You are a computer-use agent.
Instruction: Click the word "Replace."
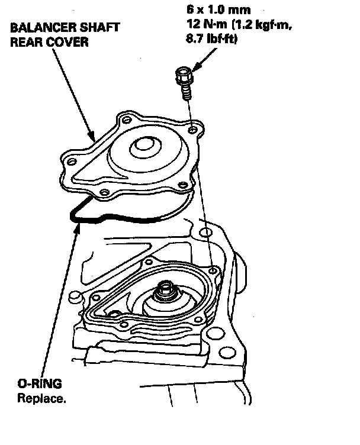pyautogui.click(x=41, y=398)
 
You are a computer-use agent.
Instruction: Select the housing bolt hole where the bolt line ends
pyautogui.click(x=211, y=270)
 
